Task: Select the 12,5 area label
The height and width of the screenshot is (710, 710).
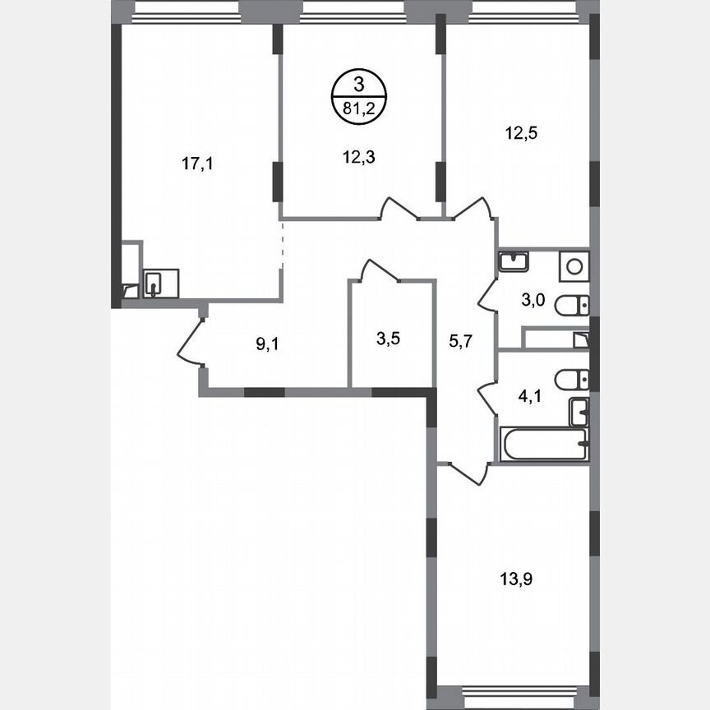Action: pyautogui.click(x=521, y=131)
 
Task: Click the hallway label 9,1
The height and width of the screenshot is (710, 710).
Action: pyautogui.click(x=267, y=344)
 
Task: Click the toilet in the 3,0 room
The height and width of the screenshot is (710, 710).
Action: pyautogui.click(x=570, y=307)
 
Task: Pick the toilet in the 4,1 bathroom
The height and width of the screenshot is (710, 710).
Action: pyautogui.click(x=570, y=379)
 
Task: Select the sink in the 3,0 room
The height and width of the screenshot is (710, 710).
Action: pyautogui.click(x=514, y=261)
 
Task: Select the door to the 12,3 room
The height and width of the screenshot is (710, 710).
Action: pyautogui.click(x=399, y=210)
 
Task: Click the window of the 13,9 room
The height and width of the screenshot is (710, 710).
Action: pyautogui.click(x=513, y=691)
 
